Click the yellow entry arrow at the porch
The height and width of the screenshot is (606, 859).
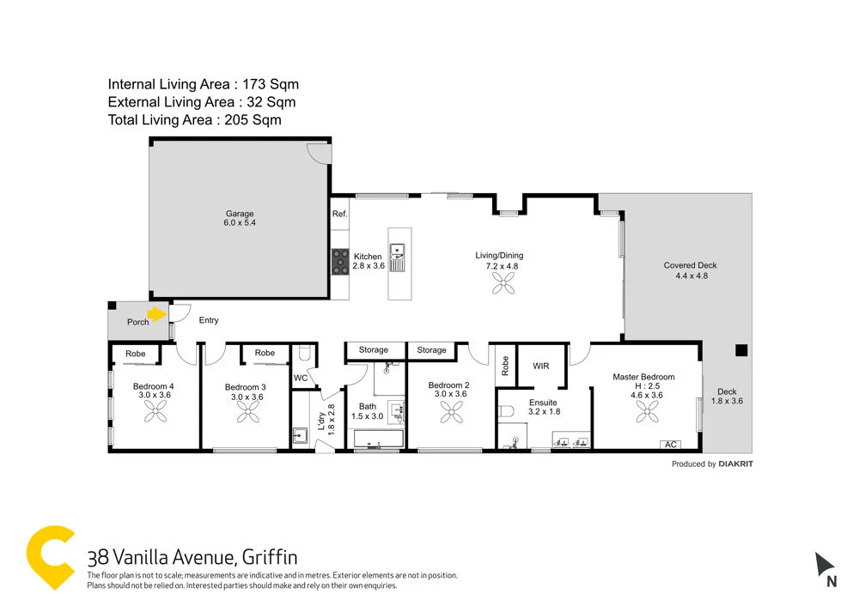coord(155,314)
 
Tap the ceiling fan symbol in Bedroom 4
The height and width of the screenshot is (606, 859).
coord(155,415)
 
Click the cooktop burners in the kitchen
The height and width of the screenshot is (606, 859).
coord(340,260)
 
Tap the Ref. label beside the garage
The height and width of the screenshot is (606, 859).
coord(339,214)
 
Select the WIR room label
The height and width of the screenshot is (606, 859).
coord(541,366)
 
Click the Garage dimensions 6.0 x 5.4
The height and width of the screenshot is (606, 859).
coord(240,223)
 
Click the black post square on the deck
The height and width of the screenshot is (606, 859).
coord(740,350)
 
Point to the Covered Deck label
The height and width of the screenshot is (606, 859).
coord(690,265)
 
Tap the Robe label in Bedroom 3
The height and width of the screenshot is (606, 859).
coord(265,353)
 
